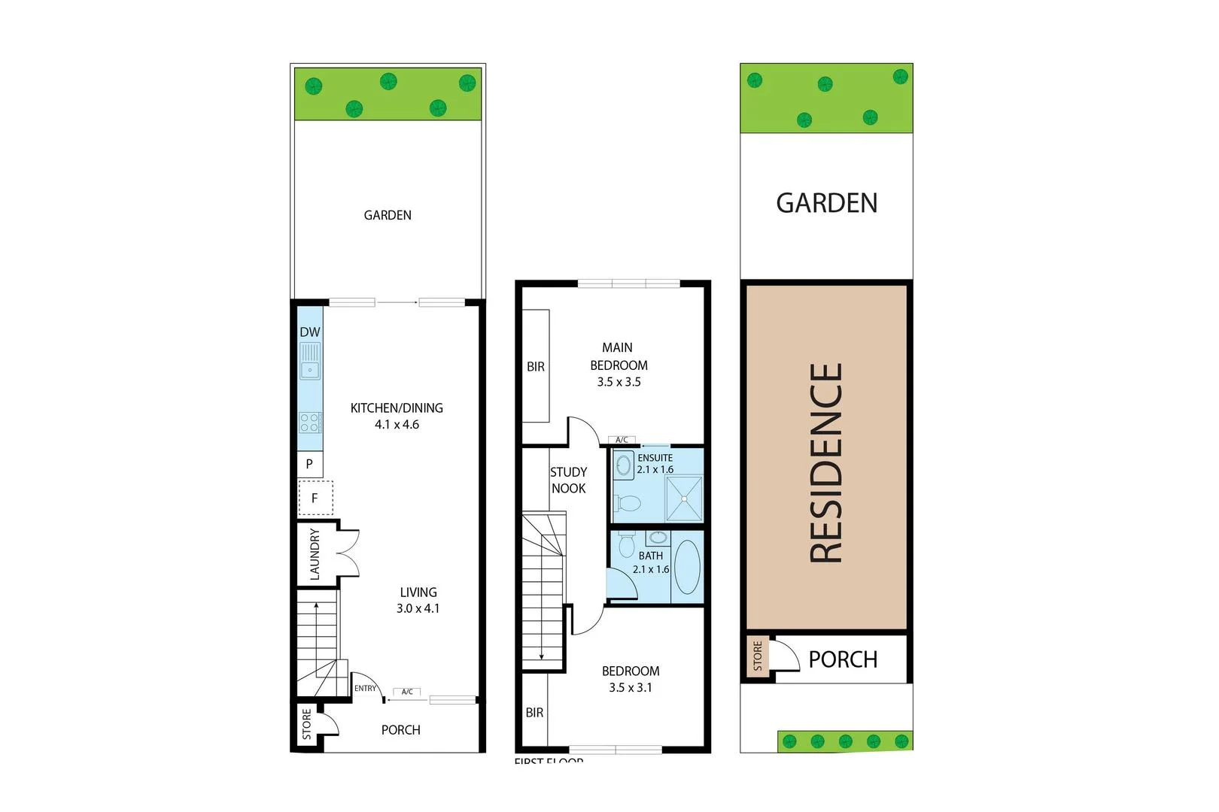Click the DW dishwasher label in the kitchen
[310, 332]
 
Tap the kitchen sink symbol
[310, 360]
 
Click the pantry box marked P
[309, 464]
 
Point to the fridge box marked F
[315, 498]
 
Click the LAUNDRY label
[315, 554]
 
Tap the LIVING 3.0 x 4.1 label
[418, 600]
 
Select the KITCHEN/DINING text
[397, 408]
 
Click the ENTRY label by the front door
[365, 688]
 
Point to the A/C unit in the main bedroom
[622, 440]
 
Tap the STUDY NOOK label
[568, 480]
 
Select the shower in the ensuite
[684, 498]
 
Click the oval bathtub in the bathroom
[687, 566]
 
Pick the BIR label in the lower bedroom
[534, 712]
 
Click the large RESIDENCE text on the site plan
[825, 462]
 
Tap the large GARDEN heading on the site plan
[826, 203]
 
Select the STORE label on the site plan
[757, 656]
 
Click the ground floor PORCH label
[400, 730]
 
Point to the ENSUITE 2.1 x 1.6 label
[655, 463]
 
